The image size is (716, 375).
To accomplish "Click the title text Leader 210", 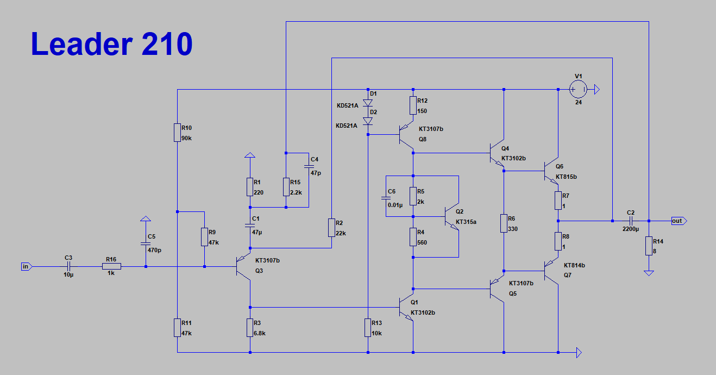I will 111,44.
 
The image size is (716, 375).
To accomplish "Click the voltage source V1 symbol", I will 577,89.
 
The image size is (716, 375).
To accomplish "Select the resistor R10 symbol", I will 177,132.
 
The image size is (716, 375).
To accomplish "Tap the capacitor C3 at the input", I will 68,266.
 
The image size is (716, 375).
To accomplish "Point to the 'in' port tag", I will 26,266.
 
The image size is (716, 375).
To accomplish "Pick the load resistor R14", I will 649,246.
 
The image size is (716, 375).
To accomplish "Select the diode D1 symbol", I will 368,102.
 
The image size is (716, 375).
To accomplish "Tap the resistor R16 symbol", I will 111,266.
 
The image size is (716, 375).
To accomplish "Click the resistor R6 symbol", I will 504,223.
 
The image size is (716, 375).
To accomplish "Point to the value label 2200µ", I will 630,229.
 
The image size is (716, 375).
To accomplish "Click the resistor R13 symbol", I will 368,328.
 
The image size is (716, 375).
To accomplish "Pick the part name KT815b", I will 566,177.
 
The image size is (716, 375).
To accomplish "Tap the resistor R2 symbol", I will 331,228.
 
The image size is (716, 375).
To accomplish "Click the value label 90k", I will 187,138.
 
